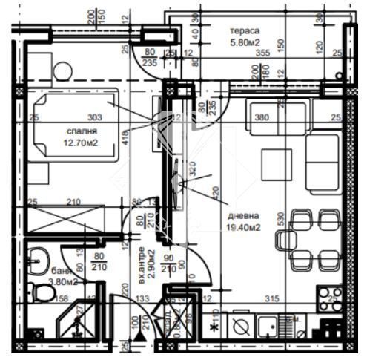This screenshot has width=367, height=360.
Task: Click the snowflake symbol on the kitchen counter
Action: coord(214,327)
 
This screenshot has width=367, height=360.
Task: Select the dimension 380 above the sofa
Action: coord(282,117)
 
